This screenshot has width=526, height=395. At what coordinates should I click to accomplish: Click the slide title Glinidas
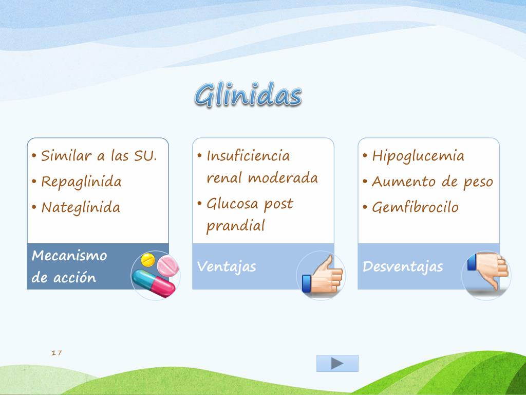tap(248, 95)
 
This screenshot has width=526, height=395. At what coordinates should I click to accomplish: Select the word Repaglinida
tap(81, 182)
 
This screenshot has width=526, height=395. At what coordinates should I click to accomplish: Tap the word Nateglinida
tap(81, 207)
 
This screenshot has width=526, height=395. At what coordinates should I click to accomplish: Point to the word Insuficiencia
tap(248, 156)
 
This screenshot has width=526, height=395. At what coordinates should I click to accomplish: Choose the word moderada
tap(283, 178)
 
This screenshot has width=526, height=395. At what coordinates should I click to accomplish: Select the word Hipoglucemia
tap(418, 156)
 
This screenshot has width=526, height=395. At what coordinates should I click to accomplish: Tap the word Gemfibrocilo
tap(415, 207)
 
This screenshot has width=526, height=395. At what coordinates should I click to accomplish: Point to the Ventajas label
tap(227, 266)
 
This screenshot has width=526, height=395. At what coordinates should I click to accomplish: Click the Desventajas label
tap(403, 266)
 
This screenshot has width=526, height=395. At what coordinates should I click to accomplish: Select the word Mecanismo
tap(69, 256)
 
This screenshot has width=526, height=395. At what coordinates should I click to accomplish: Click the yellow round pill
tap(148, 260)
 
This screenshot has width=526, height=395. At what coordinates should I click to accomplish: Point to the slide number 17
tap(57, 353)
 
